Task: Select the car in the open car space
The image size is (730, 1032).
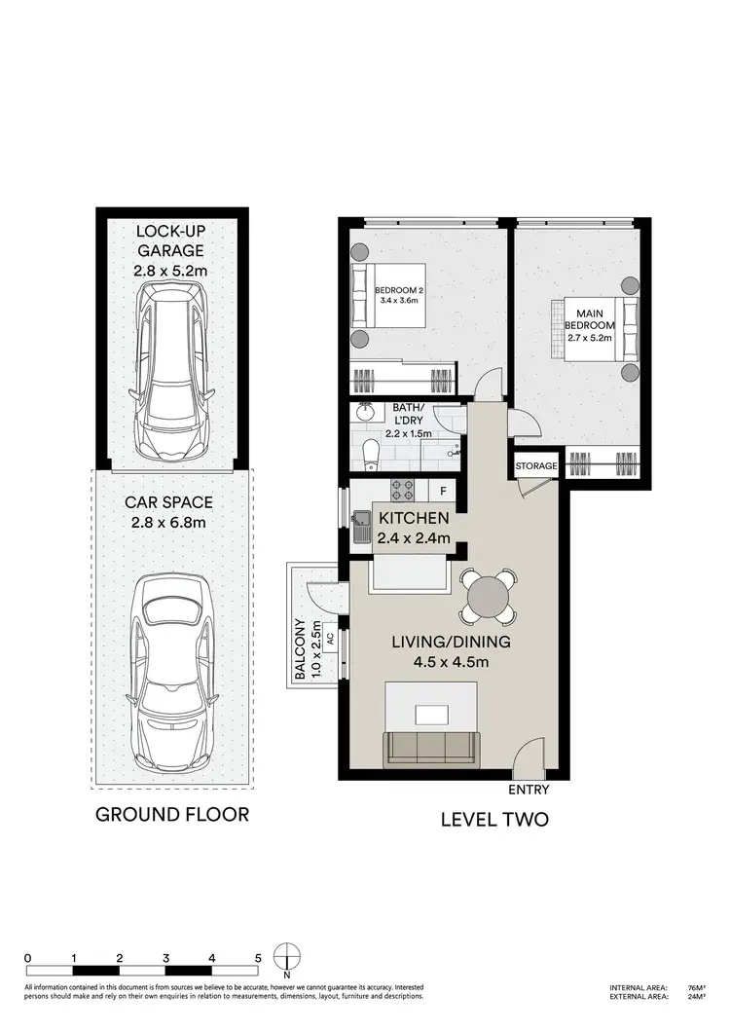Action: [171, 663]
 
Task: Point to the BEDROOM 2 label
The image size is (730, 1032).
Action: [400, 294]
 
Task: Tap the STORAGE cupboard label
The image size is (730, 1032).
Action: [536, 466]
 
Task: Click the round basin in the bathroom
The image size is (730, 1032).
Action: [368, 415]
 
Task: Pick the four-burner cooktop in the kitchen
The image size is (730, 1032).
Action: [402, 490]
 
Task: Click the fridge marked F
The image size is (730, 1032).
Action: [443, 491]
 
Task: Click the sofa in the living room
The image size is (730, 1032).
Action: [433, 748]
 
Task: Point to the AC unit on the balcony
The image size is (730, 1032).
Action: [330, 640]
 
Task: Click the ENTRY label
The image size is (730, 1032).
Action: [529, 791]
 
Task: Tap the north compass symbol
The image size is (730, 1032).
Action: [287, 956]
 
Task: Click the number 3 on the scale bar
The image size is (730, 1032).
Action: [165, 958]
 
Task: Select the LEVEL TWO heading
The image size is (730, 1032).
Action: [493, 820]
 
